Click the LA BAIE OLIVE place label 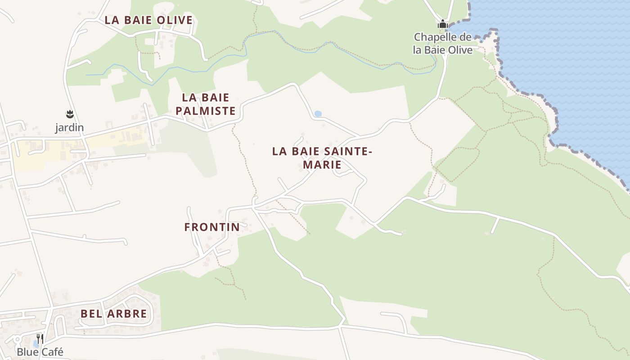[x=148, y=20]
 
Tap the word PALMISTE [x=206, y=111]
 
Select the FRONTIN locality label [x=212, y=227]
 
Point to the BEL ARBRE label [x=114, y=314]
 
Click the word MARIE [x=322, y=165]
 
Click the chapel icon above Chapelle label [x=443, y=24]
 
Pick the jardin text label [x=69, y=128]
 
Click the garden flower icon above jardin [x=69, y=114]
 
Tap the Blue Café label [x=40, y=352]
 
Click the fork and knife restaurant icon [x=40, y=338]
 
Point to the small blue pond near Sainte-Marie [x=318, y=114]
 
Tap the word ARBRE [x=128, y=314]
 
